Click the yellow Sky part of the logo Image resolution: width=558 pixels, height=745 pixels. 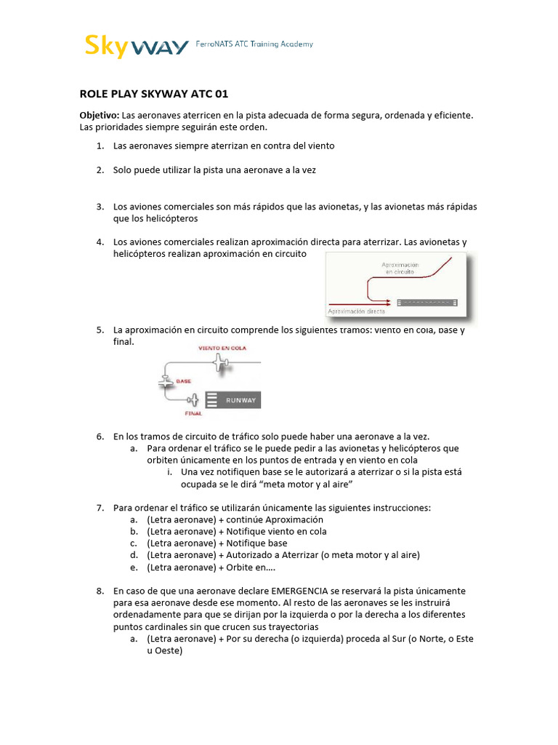(108, 46)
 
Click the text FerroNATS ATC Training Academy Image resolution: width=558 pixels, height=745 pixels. (255, 44)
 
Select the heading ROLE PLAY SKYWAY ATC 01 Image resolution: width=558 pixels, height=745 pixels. (147, 94)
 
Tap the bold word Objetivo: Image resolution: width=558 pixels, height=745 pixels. (99, 116)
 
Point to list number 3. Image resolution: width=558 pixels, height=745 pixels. (100, 207)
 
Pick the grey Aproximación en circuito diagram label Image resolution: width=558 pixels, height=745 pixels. (400, 268)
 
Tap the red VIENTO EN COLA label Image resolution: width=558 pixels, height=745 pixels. (222, 348)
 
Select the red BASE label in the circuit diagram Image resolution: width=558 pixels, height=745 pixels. (183, 380)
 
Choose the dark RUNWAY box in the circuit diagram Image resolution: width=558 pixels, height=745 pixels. (232, 400)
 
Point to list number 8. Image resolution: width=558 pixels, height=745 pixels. (100, 591)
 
